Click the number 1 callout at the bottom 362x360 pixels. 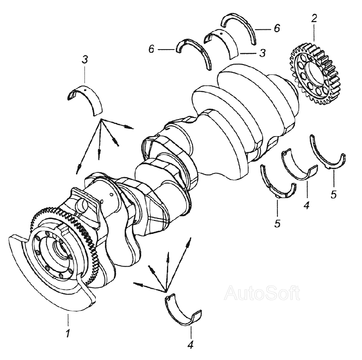coord(68,333)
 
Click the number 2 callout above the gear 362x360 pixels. coord(314,19)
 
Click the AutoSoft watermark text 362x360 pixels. coord(262,293)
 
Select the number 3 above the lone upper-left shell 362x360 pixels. coord(84,60)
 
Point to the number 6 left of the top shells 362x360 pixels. coord(151,49)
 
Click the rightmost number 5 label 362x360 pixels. coord(333,194)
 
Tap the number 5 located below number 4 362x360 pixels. coord(277,223)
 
